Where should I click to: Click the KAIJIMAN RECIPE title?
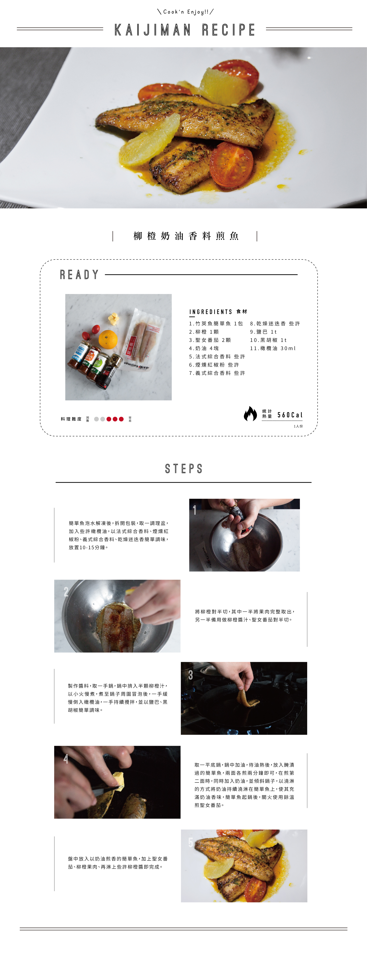coord(185,30)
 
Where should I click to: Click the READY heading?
coord(79,275)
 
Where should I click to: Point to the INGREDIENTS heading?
coord(211,312)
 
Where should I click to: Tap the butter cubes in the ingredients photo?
coord(114,319)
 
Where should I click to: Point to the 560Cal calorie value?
coord(290,415)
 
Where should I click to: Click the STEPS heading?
coord(183,469)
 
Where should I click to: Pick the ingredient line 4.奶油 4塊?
coord(204,348)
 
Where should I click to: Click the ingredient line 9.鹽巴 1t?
coord(263,332)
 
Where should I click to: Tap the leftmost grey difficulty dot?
coord(97,419)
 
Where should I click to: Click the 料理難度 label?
coord(71,419)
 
